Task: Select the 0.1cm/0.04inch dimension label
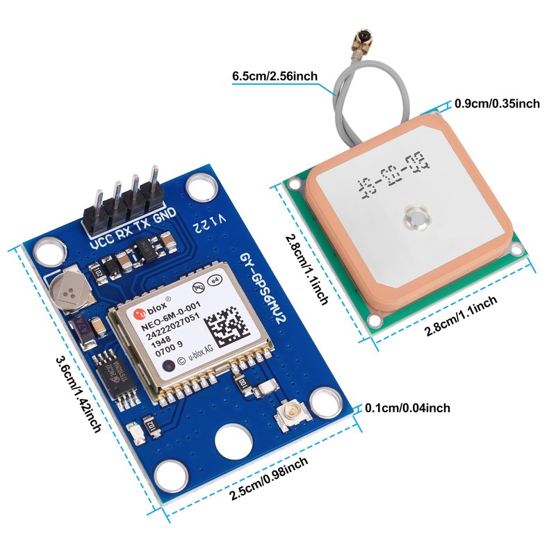click(407, 408)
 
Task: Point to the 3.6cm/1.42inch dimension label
click(76, 393)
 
